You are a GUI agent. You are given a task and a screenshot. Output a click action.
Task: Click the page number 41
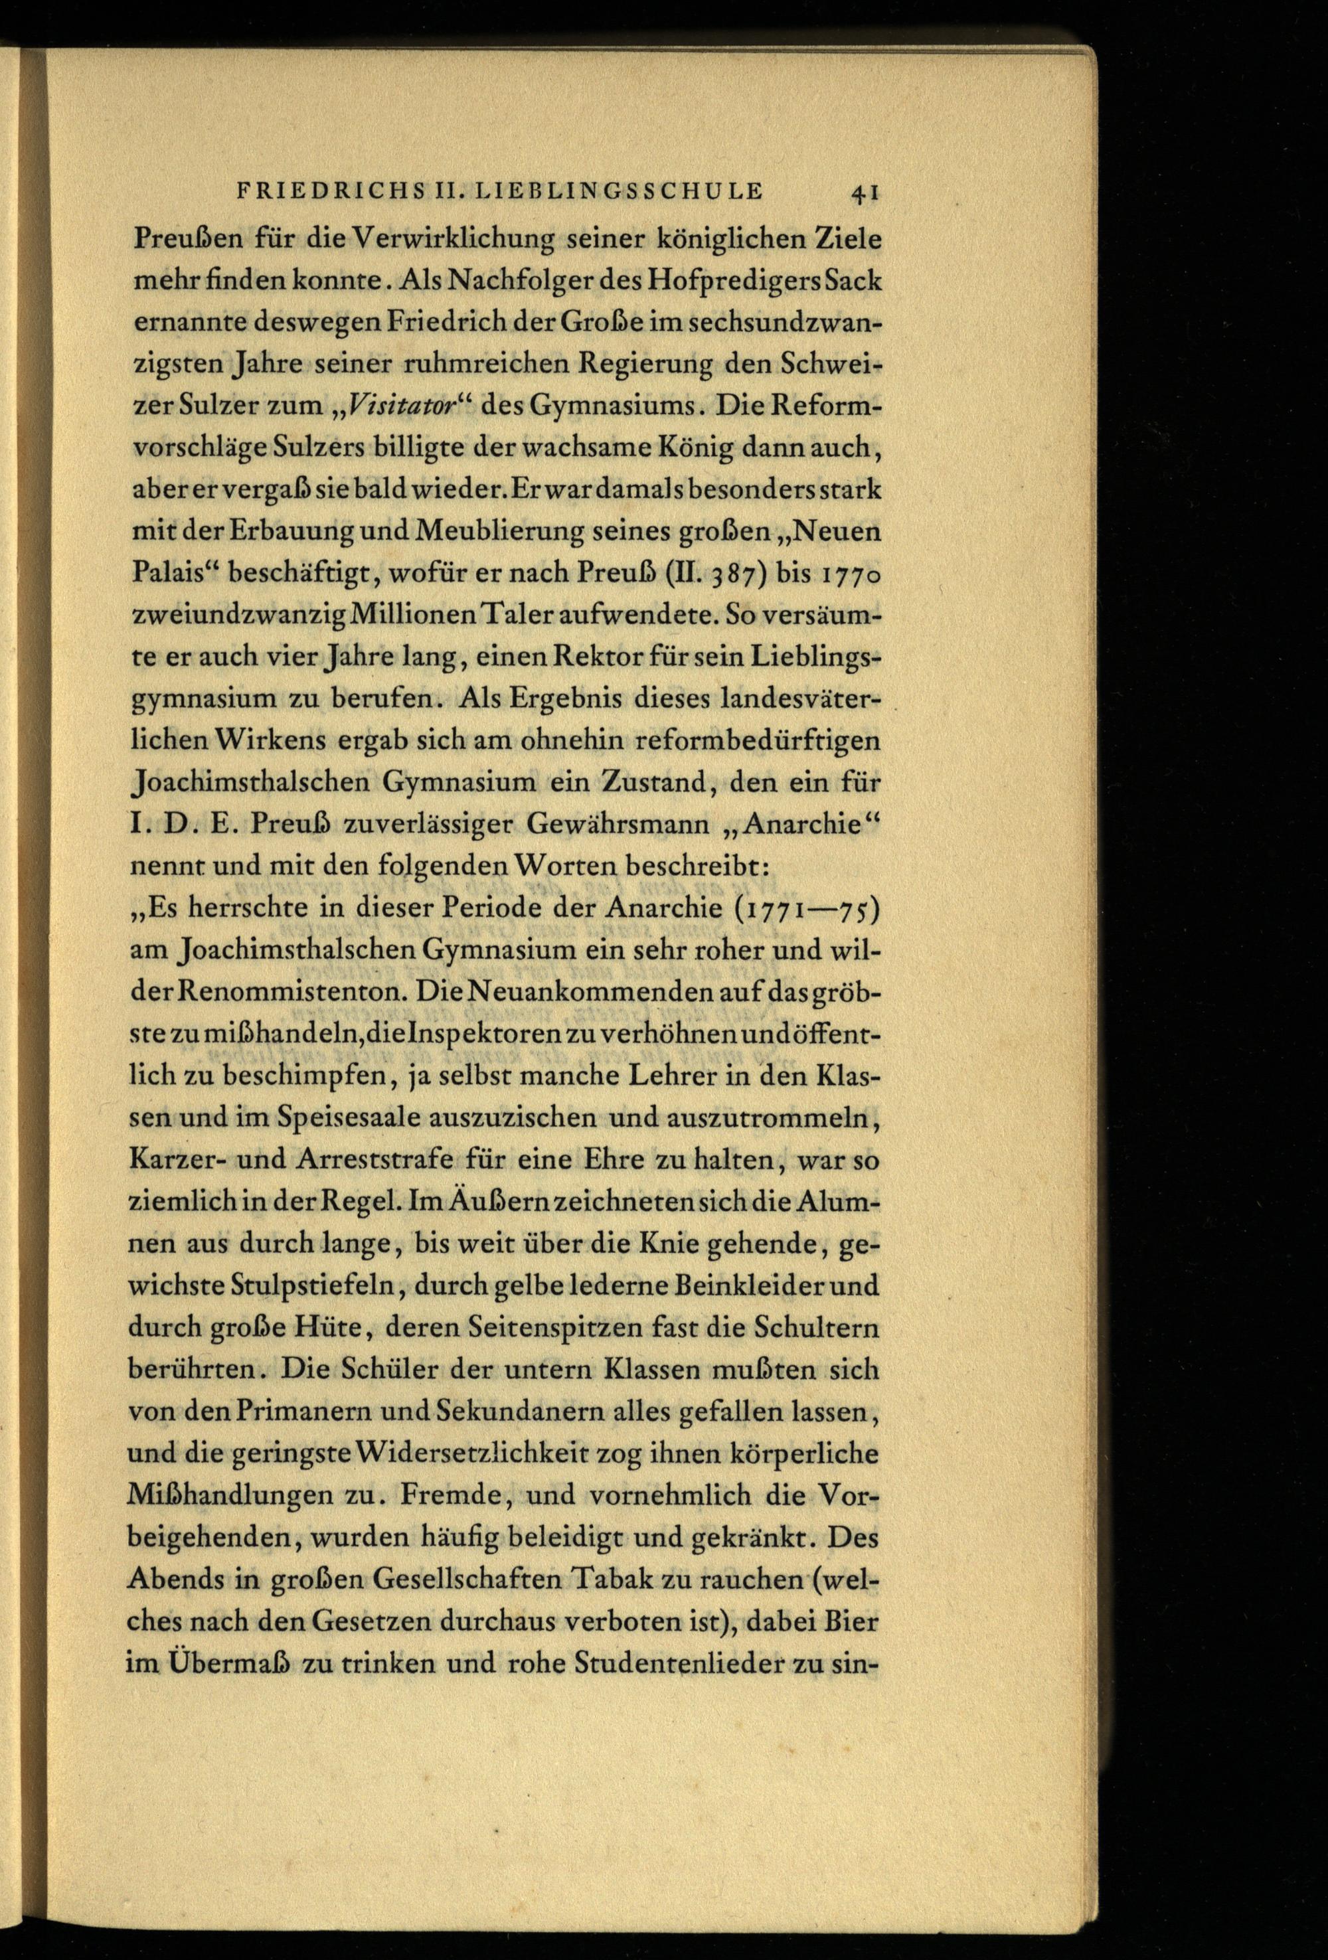point(865,193)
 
